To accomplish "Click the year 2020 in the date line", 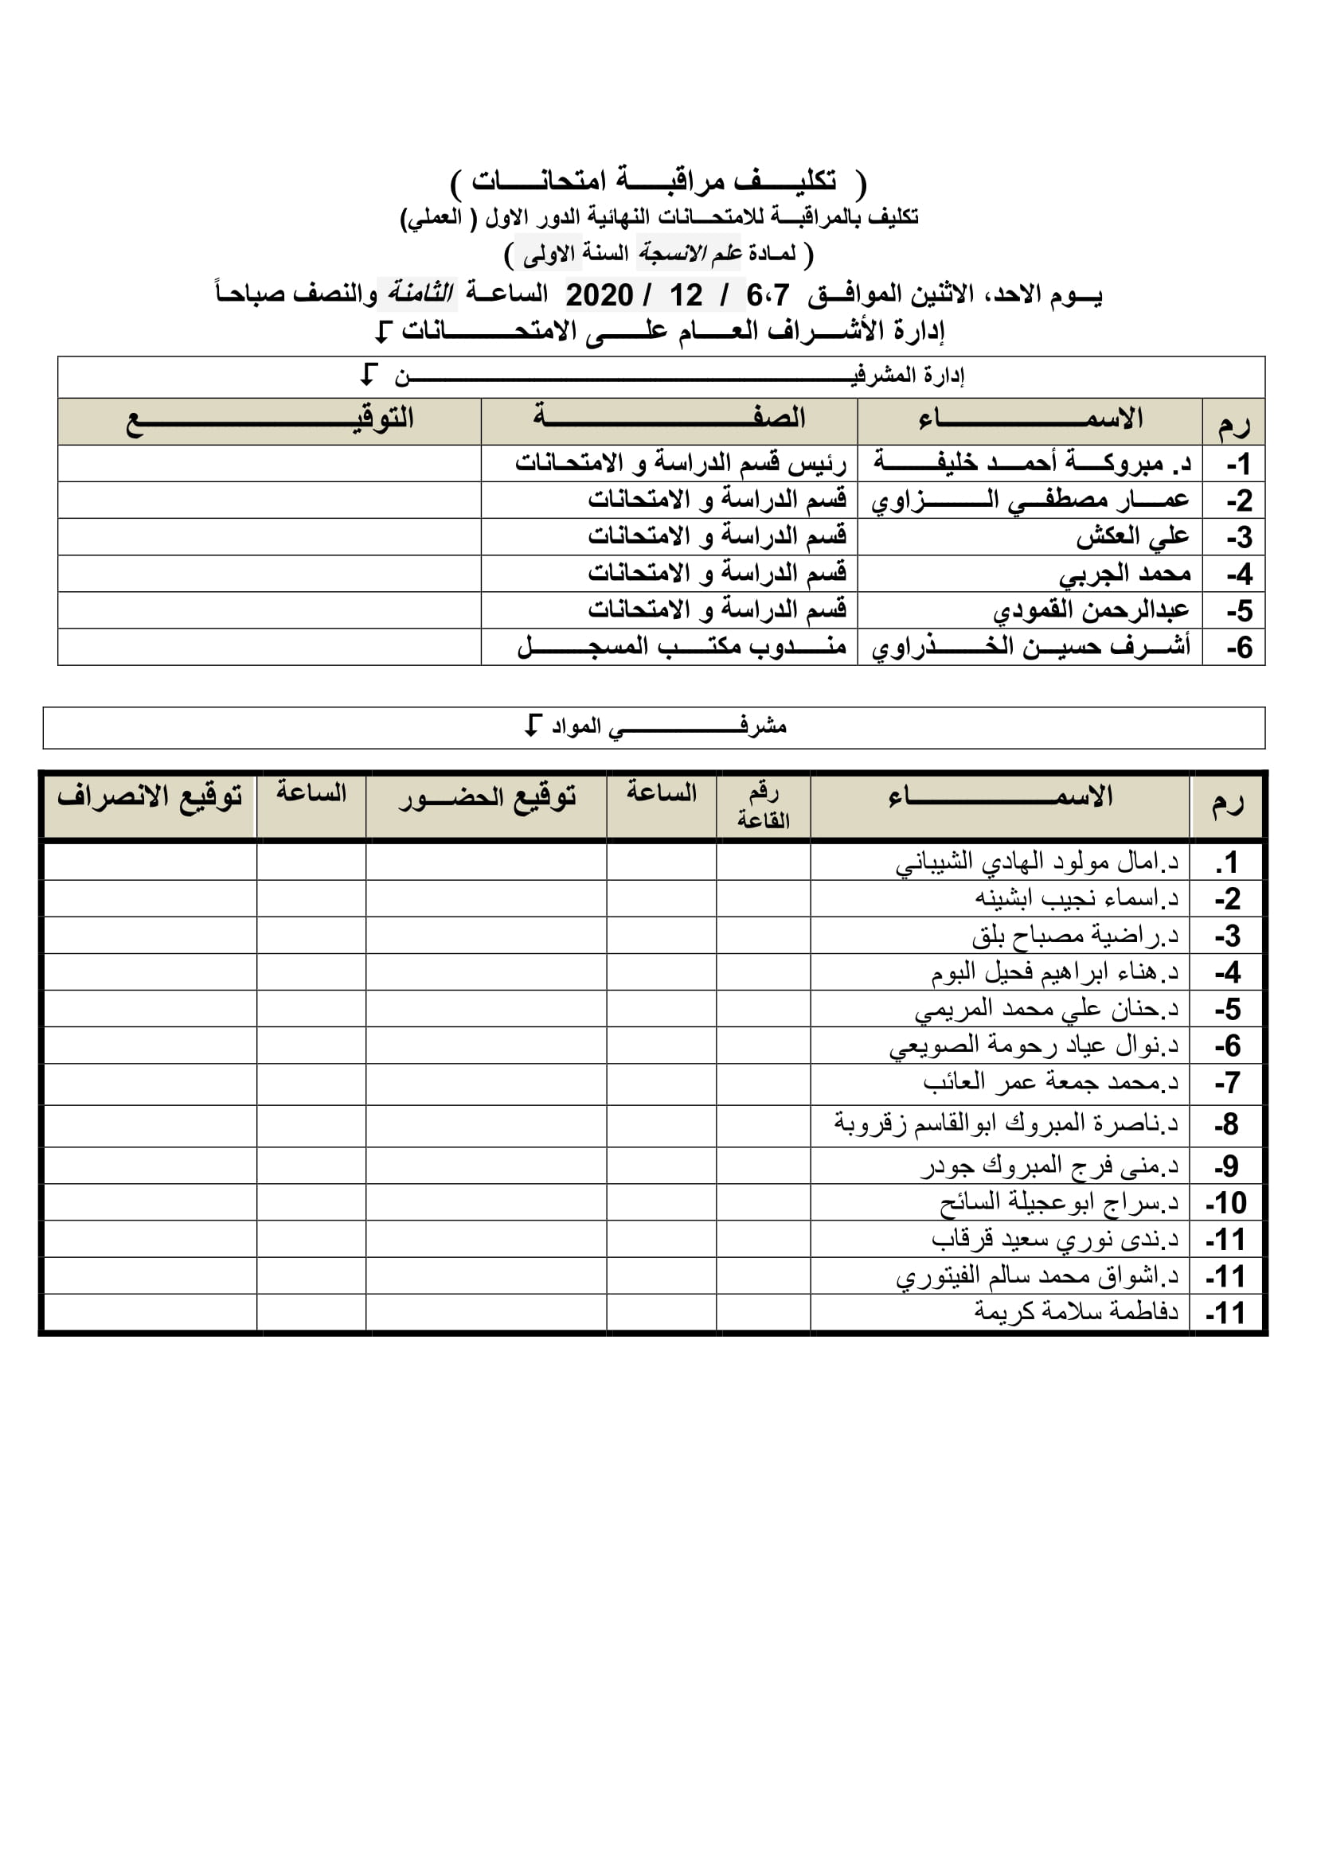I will tap(599, 295).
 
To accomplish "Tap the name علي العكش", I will tap(1132, 536).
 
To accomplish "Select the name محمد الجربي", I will tap(1124, 574).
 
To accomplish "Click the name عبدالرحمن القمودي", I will tap(1091, 610).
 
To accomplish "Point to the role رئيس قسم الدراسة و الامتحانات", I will tap(680, 463).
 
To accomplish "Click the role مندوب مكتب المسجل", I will tap(682, 647).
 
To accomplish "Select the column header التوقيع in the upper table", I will tap(269, 420).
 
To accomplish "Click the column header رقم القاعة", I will tap(763, 806).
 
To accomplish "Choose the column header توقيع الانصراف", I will tap(149, 796).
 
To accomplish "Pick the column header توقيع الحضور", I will tap(487, 797).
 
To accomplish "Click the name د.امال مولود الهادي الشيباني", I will tap(1037, 862).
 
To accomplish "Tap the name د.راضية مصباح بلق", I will tap(1074, 936).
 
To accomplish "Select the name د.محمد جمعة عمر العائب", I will tap(1050, 1082).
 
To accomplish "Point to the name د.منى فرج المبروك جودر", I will tap(1049, 1166).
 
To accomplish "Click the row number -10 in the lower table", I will tap(1225, 1203).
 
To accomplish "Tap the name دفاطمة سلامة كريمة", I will tap(1077, 1311).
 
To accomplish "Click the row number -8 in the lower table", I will tap(1226, 1124).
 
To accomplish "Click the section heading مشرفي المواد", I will tap(657, 726).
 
